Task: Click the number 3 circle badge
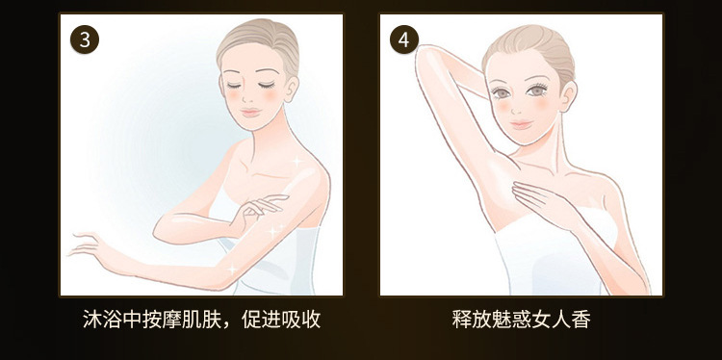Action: pos(85,39)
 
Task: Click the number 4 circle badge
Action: pos(403,39)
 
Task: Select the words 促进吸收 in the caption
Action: pos(281,319)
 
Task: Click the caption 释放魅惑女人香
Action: pos(521,319)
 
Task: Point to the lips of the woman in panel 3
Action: pos(251,112)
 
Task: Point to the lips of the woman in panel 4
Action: pos(521,124)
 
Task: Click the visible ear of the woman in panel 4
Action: pos(568,95)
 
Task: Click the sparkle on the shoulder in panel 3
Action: pos(297,162)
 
